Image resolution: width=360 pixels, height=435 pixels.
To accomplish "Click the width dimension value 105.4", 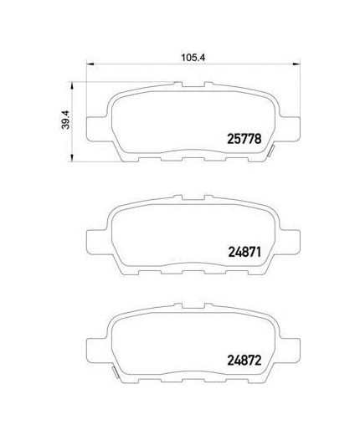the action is tap(193, 58).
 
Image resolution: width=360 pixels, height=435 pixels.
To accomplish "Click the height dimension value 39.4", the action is tap(66, 120).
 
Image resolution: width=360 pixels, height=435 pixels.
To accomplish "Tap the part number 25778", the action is tap(244, 139).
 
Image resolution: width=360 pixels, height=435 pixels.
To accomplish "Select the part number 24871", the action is tap(244, 253).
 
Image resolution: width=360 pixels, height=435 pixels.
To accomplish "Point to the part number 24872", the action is tap(244, 361).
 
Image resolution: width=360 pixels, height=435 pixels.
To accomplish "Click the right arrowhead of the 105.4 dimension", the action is tap(296, 64).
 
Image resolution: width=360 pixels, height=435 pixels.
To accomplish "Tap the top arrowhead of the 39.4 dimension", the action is tap(72, 85).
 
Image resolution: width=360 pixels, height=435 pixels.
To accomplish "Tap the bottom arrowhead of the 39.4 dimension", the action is tap(72, 158).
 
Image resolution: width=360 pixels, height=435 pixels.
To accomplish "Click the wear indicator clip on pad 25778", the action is tap(271, 151).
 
